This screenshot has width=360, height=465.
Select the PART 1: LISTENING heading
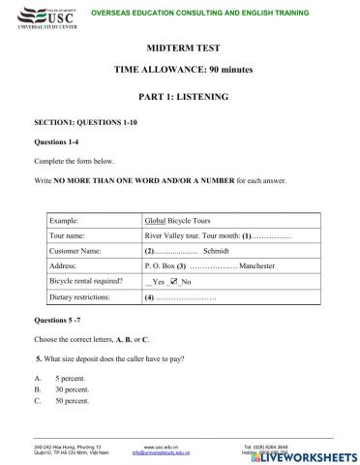179,97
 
